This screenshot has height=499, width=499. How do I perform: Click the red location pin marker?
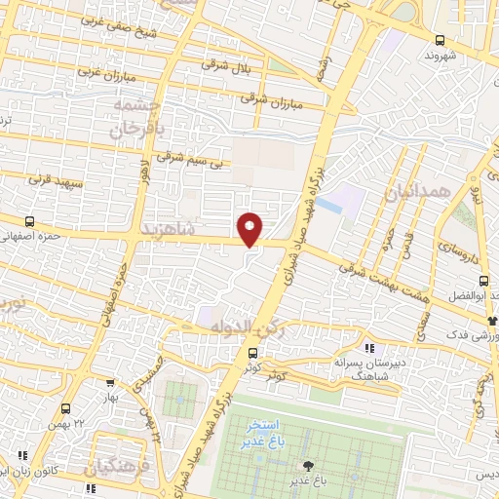point(250,228)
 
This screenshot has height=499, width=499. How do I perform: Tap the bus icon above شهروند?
point(441,41)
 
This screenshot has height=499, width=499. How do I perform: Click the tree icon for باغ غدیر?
point(309,466)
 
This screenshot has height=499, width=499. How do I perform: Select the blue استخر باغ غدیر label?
point(262,435)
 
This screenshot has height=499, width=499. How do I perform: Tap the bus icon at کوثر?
point(253,353)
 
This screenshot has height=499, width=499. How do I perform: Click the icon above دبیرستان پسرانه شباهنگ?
point(367,347)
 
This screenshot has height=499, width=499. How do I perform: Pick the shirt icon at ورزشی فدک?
point(492,320)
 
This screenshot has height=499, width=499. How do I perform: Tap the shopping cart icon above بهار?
point(108,383)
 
